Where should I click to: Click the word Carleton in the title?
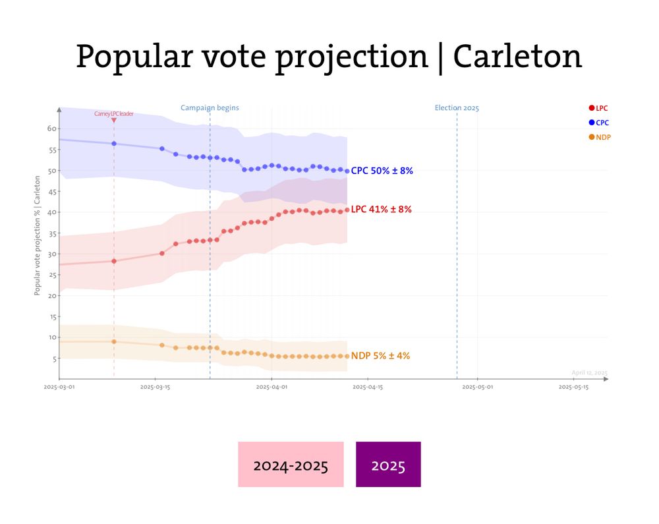pyautogui.click(x=517, y=57)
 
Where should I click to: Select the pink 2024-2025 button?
pyautogui.click(x=291, y=465)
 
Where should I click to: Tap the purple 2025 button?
pyautogui.click(x=388, y=465)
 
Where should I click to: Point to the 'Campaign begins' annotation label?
pyautogui.click(x=210, y=107)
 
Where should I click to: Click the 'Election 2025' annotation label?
pyautogui.click(x=457, y=107)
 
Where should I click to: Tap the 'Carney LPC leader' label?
pyautogui.click(x=114, y=113)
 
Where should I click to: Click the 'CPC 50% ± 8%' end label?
pyautogui.click(x=382, y=171)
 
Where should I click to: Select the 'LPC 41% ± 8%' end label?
pyautogui.click(x=381, y=210)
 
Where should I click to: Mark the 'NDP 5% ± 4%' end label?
pyautogui.click(x=380, y=356)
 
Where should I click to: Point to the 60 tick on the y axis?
pyautogui.click(x=51, y=129)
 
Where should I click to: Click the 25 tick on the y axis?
pyautogui.click(x=51, y=275)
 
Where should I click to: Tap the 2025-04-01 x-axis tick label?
pyautogui.click(x=271, y=388)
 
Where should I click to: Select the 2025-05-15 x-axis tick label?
pyautogui.click(x=573, y=388)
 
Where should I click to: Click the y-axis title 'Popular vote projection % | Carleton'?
pyautogui.click(x=38, y=235)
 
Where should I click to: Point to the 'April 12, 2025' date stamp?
pyautogui.click(x=589, y=372)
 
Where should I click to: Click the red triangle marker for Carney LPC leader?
pyautogui.click(x=114, y=120)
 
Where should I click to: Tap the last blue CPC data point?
pyautogui.click(x=347, y=171)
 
